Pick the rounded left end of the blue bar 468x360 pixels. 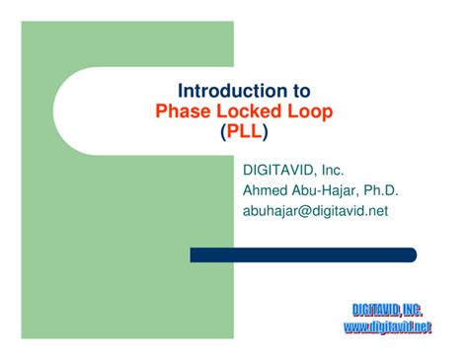[195, 254]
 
